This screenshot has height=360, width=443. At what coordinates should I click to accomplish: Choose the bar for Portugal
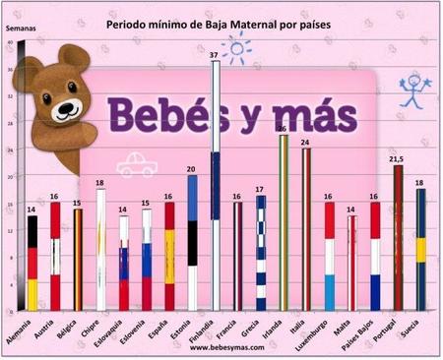pos(399,237)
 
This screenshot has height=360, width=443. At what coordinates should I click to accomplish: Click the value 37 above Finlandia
pos(215,54)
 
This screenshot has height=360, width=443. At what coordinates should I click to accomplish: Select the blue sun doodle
pos(237,46)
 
